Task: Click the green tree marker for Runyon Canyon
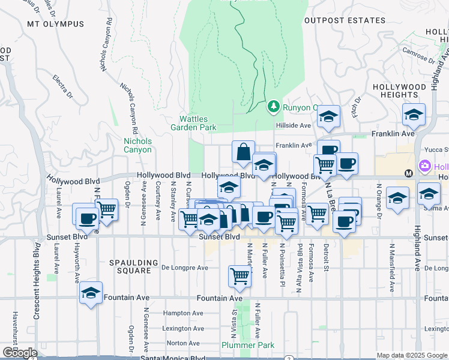point(274,106)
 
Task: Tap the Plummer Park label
point(248,345)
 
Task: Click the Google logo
point(19,353)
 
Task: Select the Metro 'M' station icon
point(409,173)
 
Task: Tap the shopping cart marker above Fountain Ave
point(240,276)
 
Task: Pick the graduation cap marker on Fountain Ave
point(91,293)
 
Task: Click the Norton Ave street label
point(179,343)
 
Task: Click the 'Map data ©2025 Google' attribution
point(412,355)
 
